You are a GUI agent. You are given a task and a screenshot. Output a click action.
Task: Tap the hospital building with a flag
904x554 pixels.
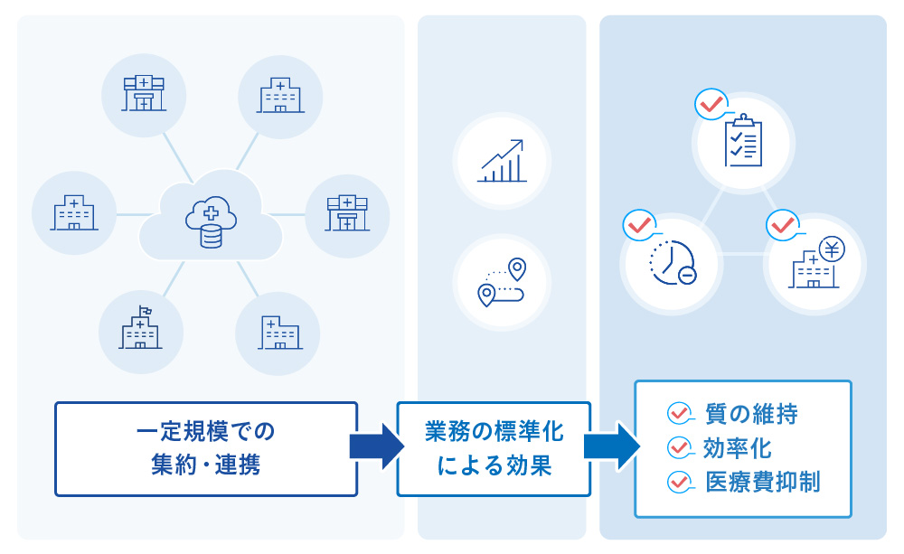click(140, 329)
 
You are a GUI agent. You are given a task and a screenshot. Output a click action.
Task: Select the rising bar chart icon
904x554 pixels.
click(502, 162)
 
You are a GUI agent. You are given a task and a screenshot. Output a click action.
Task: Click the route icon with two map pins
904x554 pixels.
click(503, 282)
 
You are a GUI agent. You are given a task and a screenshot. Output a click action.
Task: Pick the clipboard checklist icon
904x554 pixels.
click(743, 140)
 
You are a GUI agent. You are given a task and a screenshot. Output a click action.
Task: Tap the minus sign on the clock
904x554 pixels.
click(687, 275)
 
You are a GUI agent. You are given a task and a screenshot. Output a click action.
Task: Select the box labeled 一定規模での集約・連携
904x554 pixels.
click(206, 449)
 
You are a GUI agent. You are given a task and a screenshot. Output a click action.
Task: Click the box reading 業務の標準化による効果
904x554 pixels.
click(494, 449)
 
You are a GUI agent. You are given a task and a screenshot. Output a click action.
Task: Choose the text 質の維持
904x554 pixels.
click(751, 415)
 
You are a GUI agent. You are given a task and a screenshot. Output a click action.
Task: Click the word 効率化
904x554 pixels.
click(738, 448)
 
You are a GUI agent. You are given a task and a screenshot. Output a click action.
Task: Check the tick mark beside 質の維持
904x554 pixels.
click(678, 415)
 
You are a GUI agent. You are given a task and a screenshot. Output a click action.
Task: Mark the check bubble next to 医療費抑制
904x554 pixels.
click(678, 482)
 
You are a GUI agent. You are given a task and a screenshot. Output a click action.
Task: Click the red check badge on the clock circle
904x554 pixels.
click(639, 223)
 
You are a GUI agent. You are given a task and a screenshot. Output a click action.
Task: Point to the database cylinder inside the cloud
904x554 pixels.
click(212, 235)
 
